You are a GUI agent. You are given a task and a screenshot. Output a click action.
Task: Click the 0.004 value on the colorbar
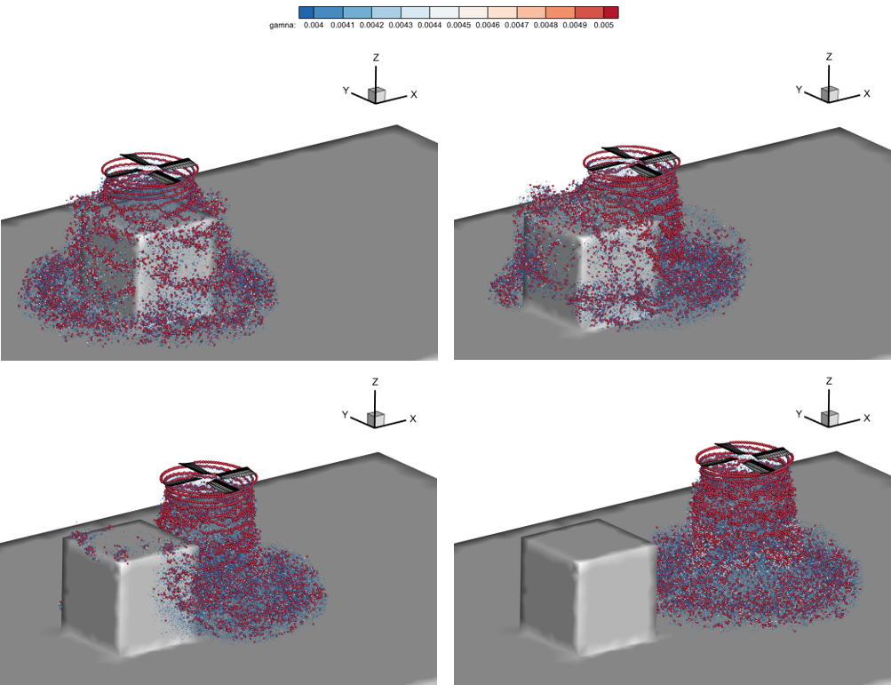[313, 25]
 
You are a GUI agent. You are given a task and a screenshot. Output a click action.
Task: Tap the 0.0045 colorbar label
[458, 25]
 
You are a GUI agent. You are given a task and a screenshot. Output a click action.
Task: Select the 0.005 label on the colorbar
[603, 25]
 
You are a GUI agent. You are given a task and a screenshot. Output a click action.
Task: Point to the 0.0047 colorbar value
[516, 25]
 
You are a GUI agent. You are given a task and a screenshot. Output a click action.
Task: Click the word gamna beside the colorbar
[282, 25]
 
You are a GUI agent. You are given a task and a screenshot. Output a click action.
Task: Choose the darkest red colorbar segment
[611, 12]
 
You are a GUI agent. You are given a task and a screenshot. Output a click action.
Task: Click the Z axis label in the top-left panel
[376, 58]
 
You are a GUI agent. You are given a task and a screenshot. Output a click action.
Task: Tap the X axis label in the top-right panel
[866, 94]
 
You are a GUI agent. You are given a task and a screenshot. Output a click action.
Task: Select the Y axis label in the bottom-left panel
[345, 415]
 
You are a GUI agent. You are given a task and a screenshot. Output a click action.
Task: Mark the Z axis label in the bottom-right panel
[829, 381]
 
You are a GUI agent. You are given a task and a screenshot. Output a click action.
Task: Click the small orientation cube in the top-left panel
[376, 95]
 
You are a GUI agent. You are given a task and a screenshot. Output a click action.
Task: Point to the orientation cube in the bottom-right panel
[830, 418]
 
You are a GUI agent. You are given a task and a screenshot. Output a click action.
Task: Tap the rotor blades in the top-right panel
[640, 161]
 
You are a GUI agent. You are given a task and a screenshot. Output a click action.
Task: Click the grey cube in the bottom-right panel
[589, 585]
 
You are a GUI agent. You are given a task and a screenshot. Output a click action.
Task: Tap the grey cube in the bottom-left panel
[131, 588]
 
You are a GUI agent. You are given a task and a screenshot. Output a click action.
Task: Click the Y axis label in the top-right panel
[799, 90]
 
